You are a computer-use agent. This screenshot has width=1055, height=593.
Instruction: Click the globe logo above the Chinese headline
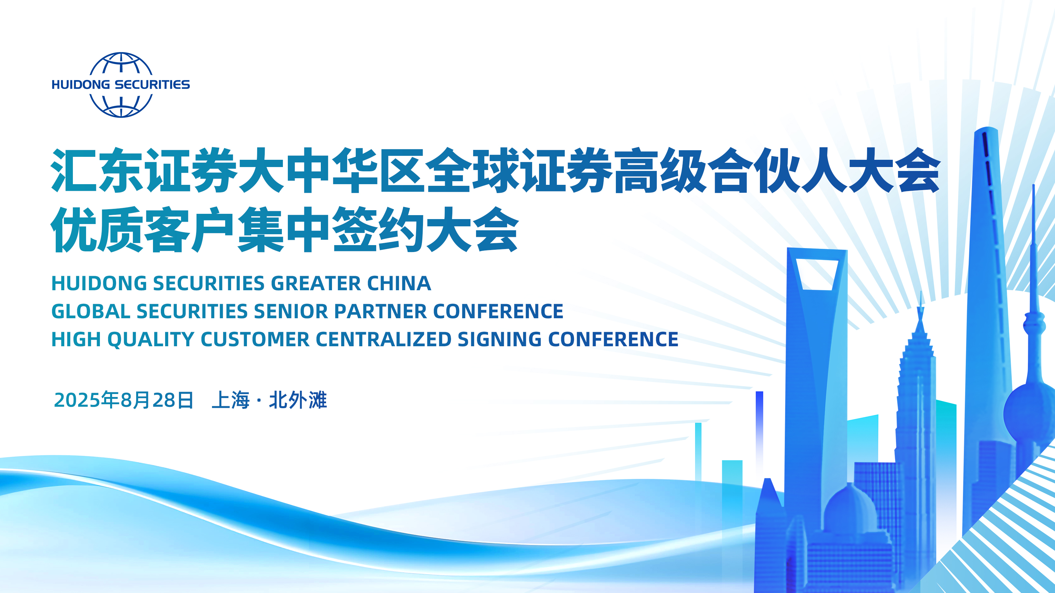tap(121, 85)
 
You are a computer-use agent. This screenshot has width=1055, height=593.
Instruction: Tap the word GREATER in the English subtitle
tap(316, 283)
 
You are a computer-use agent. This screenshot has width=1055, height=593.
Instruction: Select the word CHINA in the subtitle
tap(399, 283)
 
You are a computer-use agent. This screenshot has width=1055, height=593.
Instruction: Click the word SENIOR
tap(291, 311)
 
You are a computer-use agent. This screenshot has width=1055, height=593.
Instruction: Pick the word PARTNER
tap(380, 311)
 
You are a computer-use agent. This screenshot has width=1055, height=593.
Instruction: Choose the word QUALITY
tap(151, 340)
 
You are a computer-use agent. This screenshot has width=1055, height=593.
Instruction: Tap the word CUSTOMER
tap(255, 340)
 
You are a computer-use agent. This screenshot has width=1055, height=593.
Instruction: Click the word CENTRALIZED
tap(383, 340)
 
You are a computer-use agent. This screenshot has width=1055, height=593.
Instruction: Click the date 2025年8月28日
tap(123, 400)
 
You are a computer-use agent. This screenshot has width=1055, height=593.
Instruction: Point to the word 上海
tap(230, 400)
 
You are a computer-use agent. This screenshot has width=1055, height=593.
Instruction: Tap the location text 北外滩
tap(298, 400)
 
